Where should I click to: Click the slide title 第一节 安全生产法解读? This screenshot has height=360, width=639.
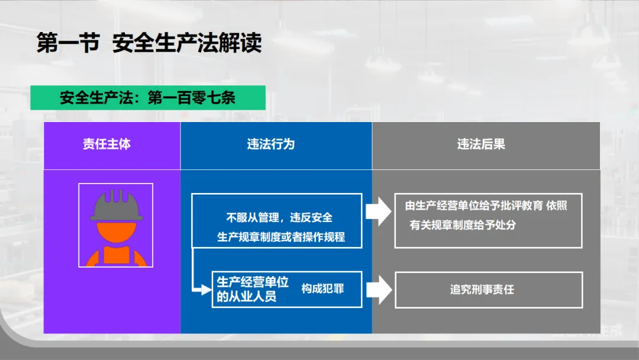pos(149,43)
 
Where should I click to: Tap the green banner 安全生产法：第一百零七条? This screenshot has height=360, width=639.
pos(147,98)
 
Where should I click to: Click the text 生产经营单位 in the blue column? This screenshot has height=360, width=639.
pos(253,282)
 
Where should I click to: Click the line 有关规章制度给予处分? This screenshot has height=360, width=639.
pos(463,225)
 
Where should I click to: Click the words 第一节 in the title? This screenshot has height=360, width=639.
pos(67,43)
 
